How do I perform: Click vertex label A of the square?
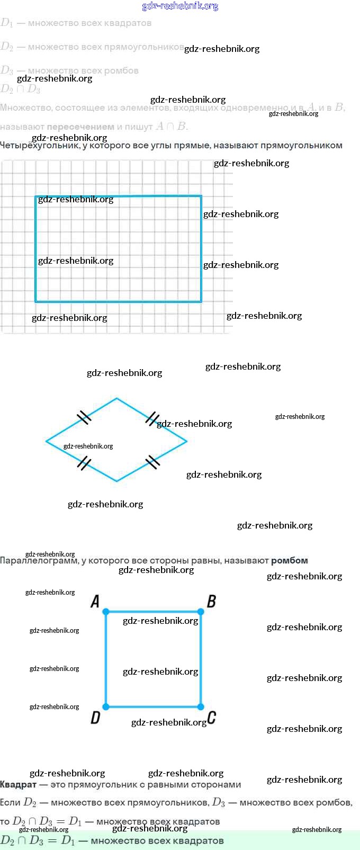click(95, 601)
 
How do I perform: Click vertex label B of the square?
click(211, 601)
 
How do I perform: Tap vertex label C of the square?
click(212, 718)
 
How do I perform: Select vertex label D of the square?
click(95, 718)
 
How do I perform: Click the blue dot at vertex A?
click(106, 612)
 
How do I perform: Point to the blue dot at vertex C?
click(201, 706)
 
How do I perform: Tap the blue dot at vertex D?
click(106, 706)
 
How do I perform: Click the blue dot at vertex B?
click(201, 612)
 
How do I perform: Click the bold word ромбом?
click(289, 560)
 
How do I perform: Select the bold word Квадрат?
click(18, 784)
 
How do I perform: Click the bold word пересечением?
click(80, 127)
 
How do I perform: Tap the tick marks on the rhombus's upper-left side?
click(84, 418)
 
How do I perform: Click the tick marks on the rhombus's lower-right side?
click(152, 462)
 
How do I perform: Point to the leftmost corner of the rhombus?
click(47, 441)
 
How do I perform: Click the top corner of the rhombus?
click(116, 398)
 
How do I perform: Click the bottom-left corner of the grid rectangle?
click(36, 301)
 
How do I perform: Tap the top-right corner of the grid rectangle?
click(201, 196)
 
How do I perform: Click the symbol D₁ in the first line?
click(7, 23)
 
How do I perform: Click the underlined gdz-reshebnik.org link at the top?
click(180, 6)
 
